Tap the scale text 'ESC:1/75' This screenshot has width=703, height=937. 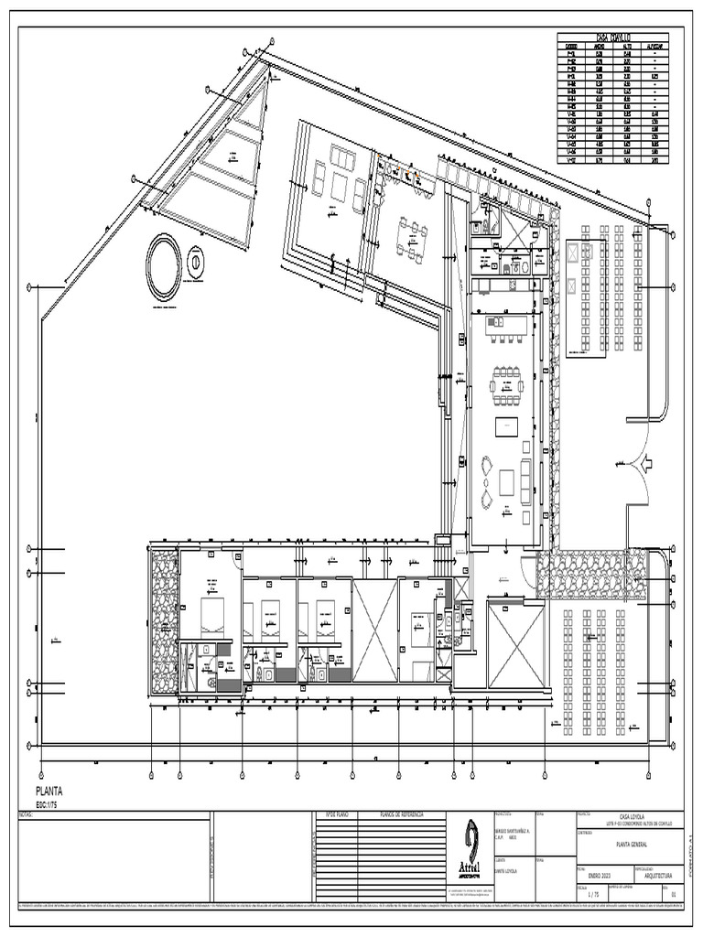click(x=52, y=804)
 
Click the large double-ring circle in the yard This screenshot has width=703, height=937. click(x=164, y=267)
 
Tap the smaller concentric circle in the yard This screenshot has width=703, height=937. click(x=195, y=263)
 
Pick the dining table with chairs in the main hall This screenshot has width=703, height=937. click(x=506, y=385)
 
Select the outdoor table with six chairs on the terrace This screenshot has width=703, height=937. click(x=411, y=240)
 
